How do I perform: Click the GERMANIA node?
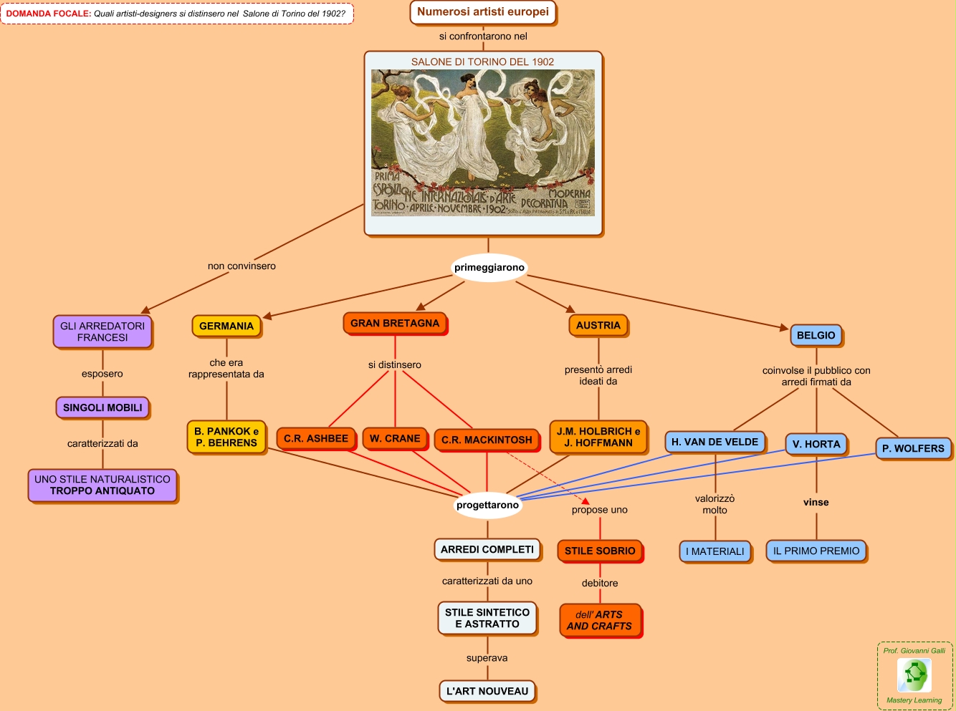point(226,326)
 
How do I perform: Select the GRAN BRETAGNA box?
point(395,324)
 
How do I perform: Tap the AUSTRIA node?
point(598,325)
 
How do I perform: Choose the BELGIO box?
point(816,335)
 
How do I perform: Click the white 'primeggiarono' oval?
point(489,268)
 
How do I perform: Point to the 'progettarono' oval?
point(487,505)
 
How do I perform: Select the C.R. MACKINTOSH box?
point(487,440)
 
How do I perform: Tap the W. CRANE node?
point(395,438)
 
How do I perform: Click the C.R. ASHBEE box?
point(316,438)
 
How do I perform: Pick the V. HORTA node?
point(816,444)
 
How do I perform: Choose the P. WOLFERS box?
point(913,448)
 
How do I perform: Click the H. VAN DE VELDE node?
point(714,442)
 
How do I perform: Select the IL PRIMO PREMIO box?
point(816,551)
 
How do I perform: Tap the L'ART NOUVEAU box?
point(487,691)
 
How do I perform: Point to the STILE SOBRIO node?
point(600,551)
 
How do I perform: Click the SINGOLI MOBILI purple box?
point(102,407)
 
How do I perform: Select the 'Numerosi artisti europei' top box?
point(483,12)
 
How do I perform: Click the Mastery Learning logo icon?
point(914,674)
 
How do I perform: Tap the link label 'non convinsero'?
point(242,266)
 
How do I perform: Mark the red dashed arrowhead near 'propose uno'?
point(585,501)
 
